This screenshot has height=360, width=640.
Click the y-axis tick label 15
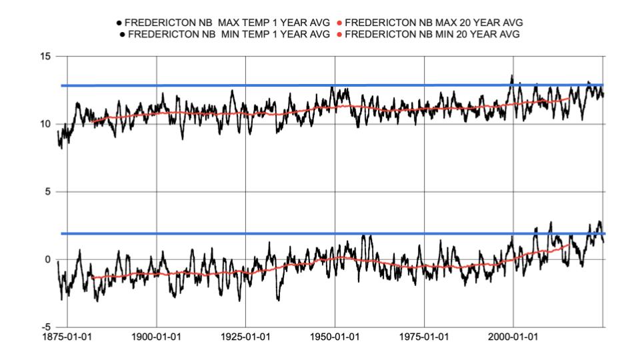coord(45,57)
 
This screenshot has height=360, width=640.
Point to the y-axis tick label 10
coord(45,124)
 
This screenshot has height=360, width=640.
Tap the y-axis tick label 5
coord(47,192)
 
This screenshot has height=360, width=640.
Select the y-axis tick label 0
coord(47,259)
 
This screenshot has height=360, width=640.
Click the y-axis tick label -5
coord(45,327)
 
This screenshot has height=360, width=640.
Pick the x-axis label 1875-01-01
coord(67,338)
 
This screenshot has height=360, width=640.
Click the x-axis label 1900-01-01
coord(156,338)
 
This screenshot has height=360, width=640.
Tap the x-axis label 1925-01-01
coord(245,338)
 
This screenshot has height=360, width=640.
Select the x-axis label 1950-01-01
coord(335,338)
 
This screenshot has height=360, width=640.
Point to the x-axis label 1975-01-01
coord(425,338)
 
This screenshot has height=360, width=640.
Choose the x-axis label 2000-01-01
coord(514,338)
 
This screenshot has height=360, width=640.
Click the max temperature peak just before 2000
coord(511,76)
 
